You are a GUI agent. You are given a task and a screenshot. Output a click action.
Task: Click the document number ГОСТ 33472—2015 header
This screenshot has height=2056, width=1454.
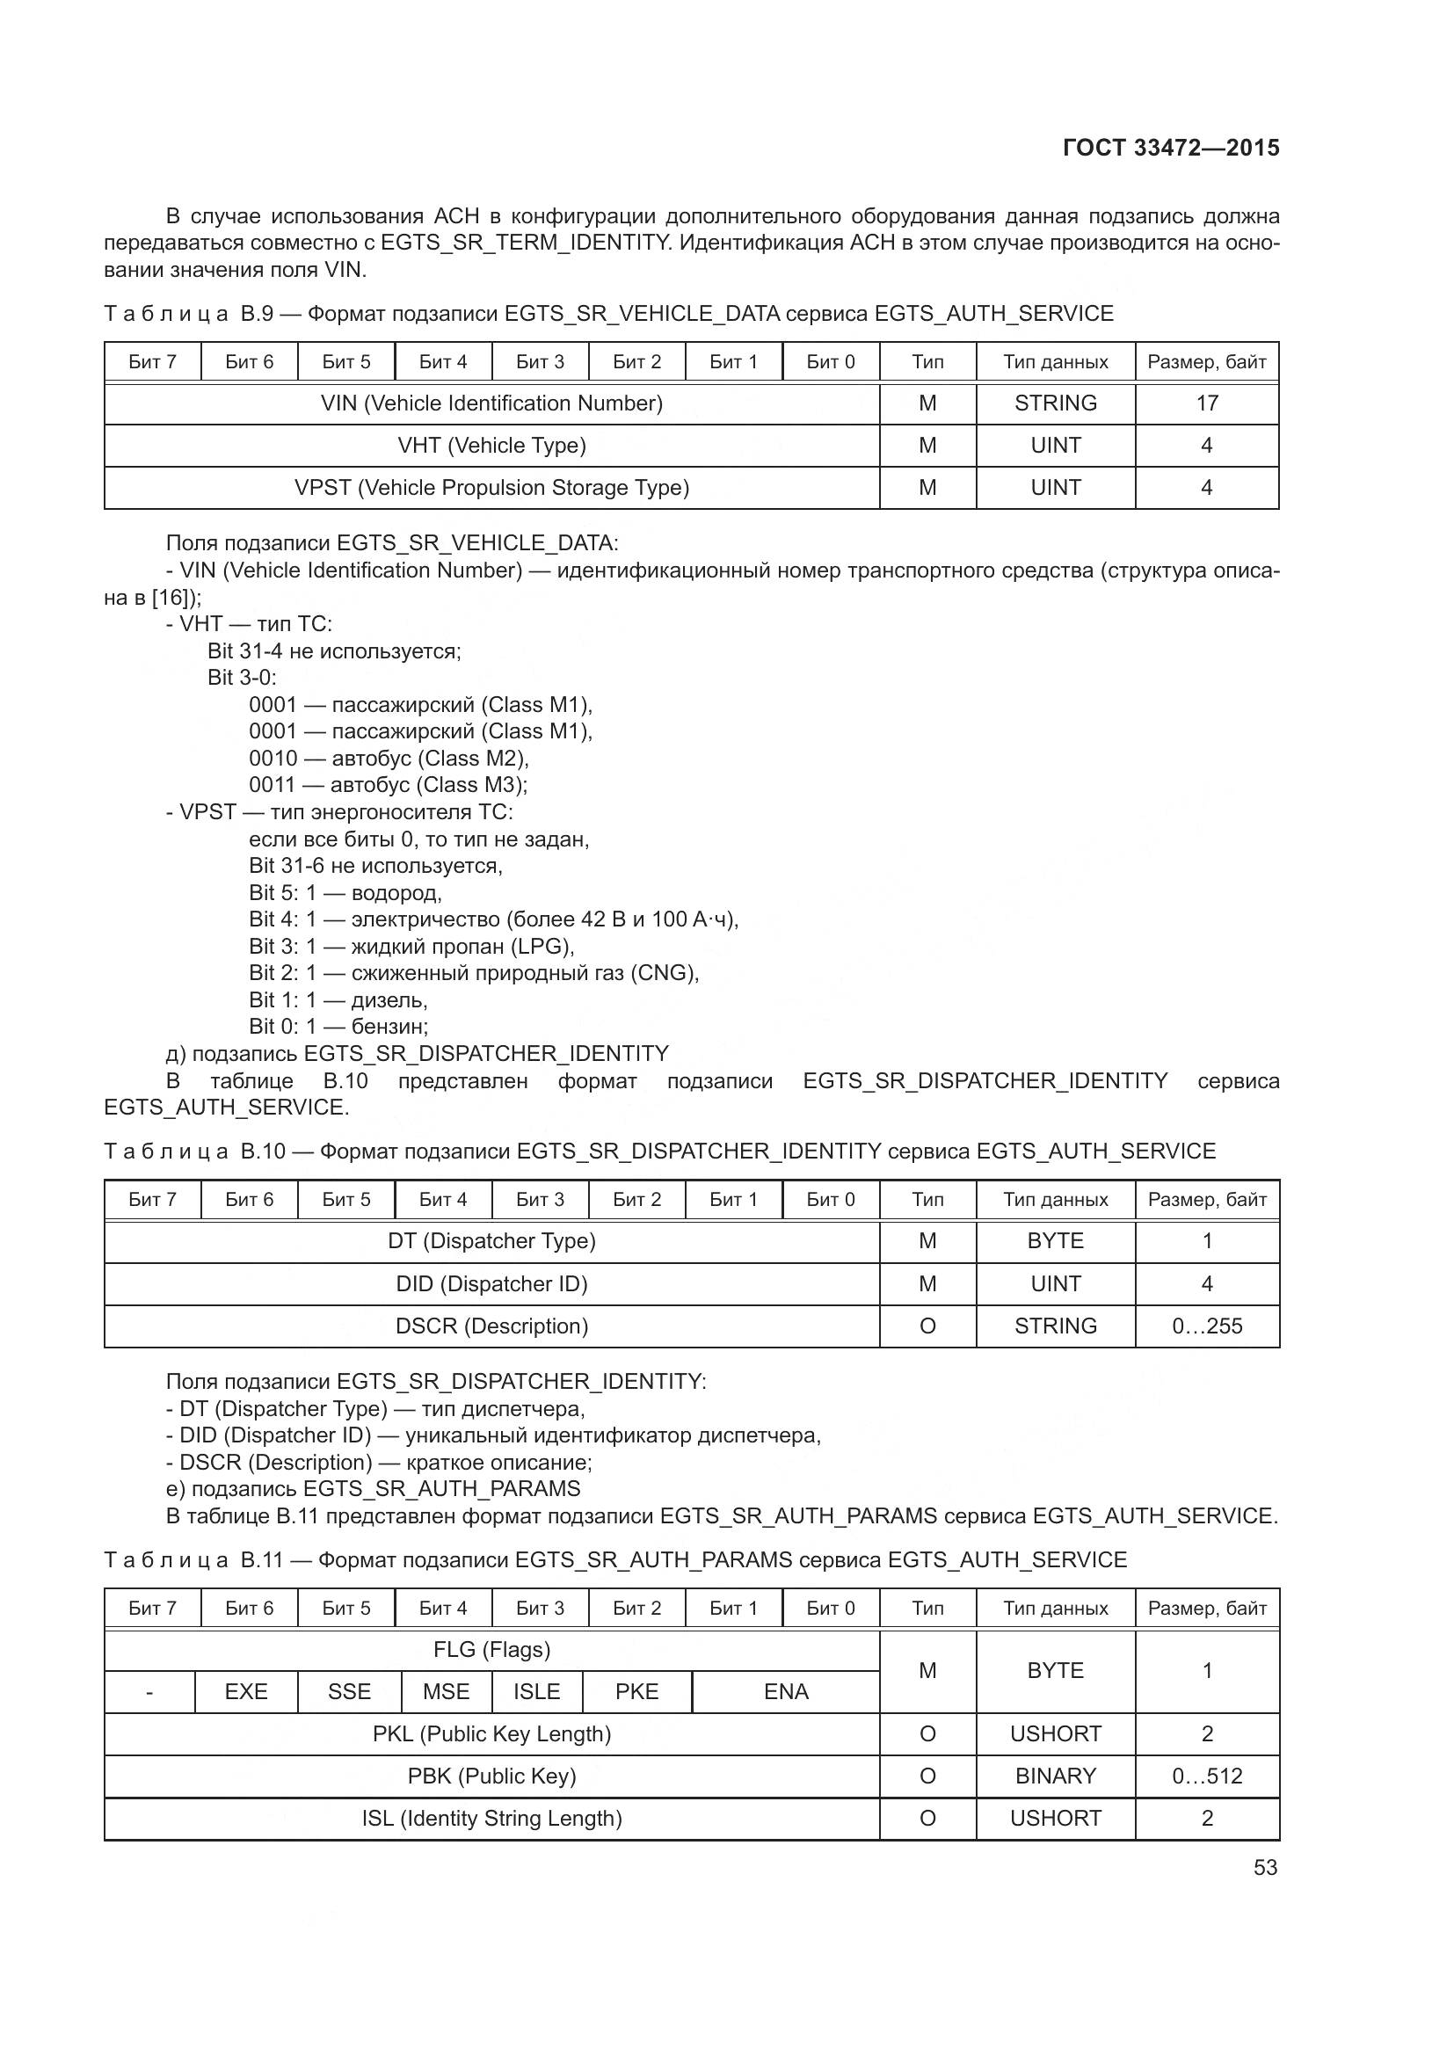(1170, 148)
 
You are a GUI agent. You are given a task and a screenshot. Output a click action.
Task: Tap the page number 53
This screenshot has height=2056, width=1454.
(1265, 1867)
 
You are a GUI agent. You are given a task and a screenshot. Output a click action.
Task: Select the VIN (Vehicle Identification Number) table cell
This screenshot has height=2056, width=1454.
(491, 403)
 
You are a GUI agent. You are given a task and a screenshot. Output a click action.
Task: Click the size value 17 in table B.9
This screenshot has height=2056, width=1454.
(1206, 403)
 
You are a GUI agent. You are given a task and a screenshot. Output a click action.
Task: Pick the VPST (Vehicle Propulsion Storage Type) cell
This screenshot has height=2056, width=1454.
(491, 488)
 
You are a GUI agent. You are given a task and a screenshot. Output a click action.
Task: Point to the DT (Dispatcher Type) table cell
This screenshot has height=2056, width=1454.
(491, 1241)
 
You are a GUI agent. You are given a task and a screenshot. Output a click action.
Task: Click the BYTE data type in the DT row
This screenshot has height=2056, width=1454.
(1055, 1241)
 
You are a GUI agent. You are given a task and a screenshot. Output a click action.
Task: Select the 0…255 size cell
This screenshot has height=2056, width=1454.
(1206, 1326)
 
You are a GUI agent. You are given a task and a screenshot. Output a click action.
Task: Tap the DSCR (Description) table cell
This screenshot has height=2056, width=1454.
(491, 1326)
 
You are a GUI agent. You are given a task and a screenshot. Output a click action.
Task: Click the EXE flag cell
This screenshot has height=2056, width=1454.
(246, 1691)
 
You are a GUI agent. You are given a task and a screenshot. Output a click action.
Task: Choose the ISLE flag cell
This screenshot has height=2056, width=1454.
(536, 1691)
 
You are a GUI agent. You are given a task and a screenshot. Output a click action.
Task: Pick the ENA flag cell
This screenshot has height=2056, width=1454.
(785, 1691)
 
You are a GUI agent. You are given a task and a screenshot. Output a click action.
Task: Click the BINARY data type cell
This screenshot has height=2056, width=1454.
(1055, 1776)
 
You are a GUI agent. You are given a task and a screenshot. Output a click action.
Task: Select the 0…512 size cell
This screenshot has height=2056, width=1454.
(1206, 1776)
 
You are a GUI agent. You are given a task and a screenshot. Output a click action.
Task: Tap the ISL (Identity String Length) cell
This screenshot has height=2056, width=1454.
(491, 1819)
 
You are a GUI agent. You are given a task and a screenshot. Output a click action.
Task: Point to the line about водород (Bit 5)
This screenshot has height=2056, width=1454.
(345, 893)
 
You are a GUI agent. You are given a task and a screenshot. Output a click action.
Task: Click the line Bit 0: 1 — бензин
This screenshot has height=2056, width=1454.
(338, 1026)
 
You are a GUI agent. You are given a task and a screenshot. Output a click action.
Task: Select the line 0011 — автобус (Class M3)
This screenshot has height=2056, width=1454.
(388, 785)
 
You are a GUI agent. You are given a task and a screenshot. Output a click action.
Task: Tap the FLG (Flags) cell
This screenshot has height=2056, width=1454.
(491, 1649)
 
